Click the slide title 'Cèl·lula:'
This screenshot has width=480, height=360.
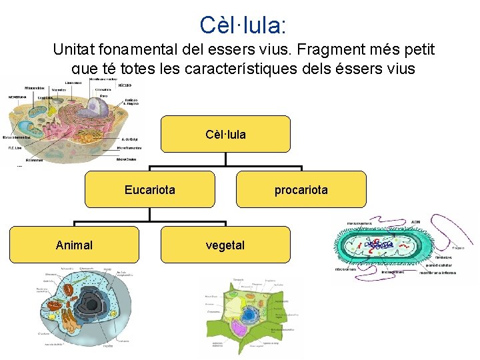point(243,25)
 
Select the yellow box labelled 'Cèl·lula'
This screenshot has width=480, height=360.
point(225,134)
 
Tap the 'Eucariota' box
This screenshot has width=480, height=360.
point(150,189)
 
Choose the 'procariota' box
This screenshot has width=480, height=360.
point(301,189)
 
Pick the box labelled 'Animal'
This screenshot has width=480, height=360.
point(74,245)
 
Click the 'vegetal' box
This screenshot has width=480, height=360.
point(225,245)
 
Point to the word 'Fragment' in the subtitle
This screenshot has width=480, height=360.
point(312,49)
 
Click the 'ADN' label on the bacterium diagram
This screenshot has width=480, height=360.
point(415,221)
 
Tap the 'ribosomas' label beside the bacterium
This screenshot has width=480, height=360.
point(346,269)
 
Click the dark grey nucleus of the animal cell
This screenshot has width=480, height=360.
point(89,307)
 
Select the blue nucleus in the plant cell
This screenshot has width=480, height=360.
point(249,315)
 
